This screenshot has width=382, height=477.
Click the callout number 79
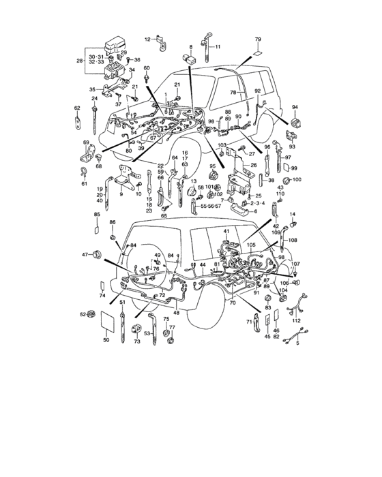point(259,40)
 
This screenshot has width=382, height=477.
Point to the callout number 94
point(295,108)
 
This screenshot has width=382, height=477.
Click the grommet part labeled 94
point(296,123)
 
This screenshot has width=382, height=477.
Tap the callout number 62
point(77,108)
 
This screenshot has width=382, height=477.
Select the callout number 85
point(96,215)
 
